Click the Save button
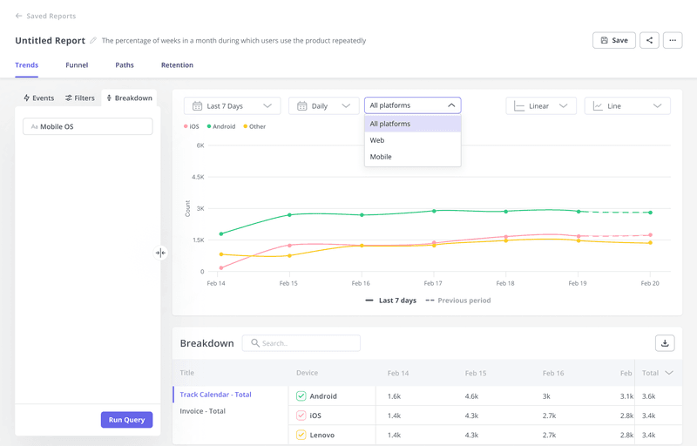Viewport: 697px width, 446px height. point(613,40)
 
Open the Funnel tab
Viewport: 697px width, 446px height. point(77,65)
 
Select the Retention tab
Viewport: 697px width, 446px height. point(177,65)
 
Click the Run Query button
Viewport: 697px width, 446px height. point(127,420)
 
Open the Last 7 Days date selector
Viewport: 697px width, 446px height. point(232,106)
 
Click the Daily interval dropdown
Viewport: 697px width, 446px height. point(323,106)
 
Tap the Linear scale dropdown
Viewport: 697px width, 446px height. point(541,106)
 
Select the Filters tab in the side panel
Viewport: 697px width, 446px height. point(80,98)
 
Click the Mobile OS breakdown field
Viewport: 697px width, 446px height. point(87,127)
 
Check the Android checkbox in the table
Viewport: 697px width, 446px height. point(301,395)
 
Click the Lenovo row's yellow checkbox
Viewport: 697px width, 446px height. point(301,434)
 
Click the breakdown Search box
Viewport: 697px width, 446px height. point(301,343)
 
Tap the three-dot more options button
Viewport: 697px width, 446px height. point(672,40)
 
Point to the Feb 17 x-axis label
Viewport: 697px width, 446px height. point(432,284)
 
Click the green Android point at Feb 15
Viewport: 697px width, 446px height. point(290,214)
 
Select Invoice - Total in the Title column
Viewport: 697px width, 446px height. point(203,411)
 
